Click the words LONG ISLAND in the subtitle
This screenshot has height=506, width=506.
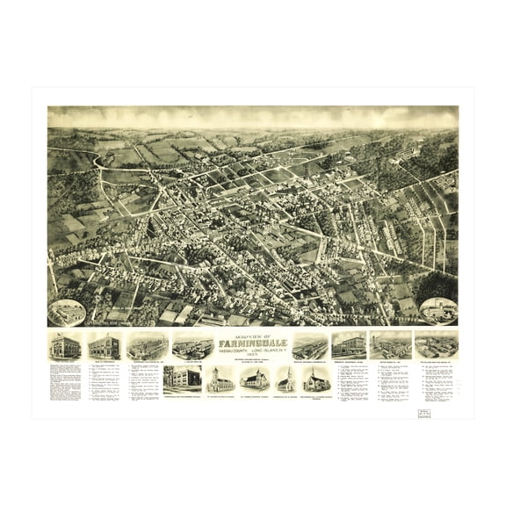pyautogui.click(x=271, y=354)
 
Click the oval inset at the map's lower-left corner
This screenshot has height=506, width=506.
pyautogui.click(x=67, y=312)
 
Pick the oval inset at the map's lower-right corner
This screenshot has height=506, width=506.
pyautogui.click(x=438, y=310)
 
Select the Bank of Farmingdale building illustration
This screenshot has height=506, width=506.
pyautogui.click(x=105, y=345)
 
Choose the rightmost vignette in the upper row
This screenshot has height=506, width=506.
pyautogui.click(x=437, y=343)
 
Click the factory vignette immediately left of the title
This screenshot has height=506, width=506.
pyautogui.click(x=192, y=345)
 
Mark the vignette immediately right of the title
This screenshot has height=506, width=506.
pyautogui.click(x=310, y=344)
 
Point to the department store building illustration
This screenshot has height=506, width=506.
pyautogui.click(x=349, y=343)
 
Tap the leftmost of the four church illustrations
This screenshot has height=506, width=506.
pyautogui.click(x=220, y=379)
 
